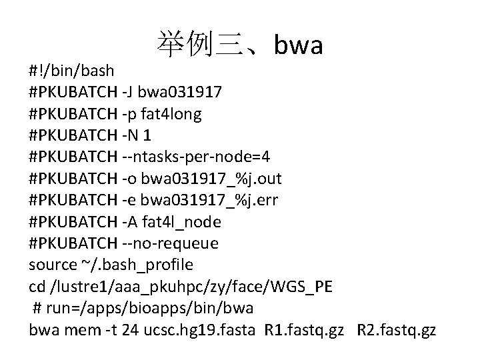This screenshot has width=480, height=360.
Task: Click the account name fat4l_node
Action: pyautogui.click(x=180, y=221)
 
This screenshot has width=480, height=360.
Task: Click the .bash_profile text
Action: pyautogui.click(x=147, y=265)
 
